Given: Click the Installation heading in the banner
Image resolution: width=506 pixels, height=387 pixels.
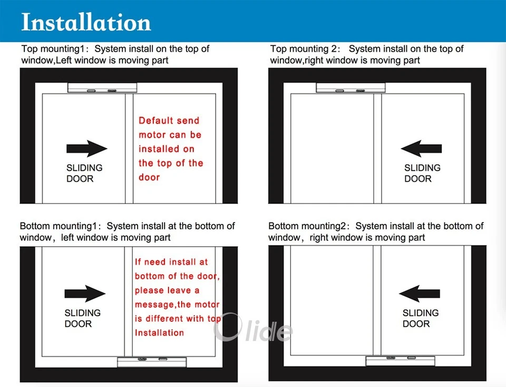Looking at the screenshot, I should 86,22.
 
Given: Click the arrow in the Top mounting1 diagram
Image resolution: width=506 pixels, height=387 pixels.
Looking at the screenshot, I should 86,148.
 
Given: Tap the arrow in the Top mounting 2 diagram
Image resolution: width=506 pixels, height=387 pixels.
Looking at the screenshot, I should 421,148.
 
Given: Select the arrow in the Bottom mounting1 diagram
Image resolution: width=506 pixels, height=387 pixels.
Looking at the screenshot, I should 85,294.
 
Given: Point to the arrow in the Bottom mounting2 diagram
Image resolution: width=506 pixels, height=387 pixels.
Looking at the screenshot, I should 420,294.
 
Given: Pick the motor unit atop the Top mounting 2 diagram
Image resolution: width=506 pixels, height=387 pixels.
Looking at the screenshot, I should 349,89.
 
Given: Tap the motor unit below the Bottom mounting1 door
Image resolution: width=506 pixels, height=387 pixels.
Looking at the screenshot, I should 151,362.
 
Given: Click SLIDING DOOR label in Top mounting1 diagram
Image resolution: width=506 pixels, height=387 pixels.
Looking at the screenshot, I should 84,173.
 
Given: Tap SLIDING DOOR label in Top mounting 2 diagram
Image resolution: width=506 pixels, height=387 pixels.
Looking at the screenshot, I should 422,173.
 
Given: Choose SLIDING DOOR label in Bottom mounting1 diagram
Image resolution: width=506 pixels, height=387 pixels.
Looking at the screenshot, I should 83,318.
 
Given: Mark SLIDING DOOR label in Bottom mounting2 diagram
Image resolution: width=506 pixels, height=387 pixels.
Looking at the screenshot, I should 420,318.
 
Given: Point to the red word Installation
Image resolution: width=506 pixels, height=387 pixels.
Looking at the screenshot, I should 159,333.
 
